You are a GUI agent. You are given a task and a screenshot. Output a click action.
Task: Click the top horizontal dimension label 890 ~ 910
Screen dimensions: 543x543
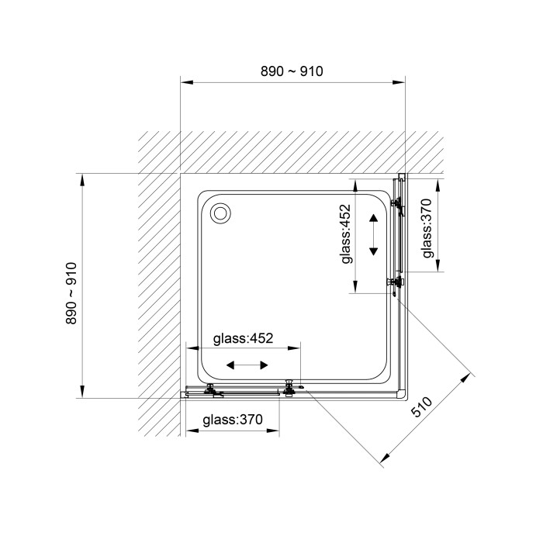(292, 71)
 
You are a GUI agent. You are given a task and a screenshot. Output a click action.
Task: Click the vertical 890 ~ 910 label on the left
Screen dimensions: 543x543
(71, 293)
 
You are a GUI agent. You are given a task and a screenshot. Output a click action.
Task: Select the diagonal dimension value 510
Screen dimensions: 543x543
(421, 406)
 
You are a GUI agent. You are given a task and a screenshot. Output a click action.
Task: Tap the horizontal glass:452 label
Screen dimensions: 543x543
(243, 338)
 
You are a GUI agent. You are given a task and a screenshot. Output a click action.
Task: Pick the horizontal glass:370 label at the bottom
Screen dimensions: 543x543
(233, 420)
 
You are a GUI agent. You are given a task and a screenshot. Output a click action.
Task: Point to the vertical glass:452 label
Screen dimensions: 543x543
(346, 234)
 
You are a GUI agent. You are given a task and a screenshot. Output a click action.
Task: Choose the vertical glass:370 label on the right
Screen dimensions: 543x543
(427, 228)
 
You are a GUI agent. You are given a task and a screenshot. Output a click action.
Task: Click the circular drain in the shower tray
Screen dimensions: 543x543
(220, 213)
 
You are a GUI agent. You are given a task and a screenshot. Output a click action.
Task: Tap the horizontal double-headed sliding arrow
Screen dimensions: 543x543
(247, 365)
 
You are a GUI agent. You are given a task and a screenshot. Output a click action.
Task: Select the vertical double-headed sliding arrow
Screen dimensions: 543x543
(373, 235)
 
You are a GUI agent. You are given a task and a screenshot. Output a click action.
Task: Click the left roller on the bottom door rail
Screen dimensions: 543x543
(210, 390)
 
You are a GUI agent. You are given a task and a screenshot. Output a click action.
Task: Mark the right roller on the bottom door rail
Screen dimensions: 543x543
(289, 388)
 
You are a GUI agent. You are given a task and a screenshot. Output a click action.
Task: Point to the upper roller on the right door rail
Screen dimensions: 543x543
(397, 204)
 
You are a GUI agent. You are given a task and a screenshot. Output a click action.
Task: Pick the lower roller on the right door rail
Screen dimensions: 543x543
(396, 282)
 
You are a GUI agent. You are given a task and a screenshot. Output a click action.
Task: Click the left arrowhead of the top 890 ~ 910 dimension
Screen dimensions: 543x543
(187, 82)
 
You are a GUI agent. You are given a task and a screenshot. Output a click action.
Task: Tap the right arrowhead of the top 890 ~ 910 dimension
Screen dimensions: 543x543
(399, 82)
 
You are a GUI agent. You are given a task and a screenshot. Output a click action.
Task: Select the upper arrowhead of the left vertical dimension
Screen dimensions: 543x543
(82, 179)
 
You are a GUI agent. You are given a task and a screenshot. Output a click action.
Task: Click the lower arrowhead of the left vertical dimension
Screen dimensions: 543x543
(82, 392)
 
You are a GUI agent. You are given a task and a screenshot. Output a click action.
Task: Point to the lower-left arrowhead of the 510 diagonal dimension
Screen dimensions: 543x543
(386, 458)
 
